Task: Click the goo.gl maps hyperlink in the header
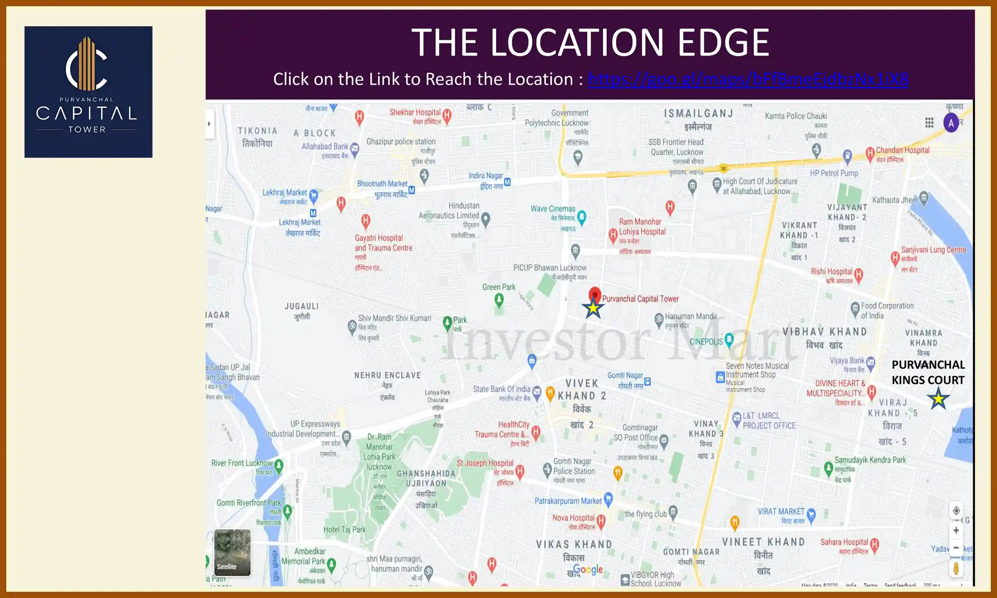point(748,79)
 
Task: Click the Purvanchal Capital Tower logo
point(88,92)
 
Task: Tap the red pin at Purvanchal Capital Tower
point(595,294)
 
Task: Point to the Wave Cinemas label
point(553,208)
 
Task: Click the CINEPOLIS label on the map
point(706,341)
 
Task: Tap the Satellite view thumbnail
point(232,552)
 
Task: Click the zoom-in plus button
point(956,530)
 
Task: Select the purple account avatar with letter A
point(951,123)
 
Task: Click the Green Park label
point(498,287)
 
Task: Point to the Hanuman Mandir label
point(691,316)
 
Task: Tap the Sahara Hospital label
point(844,542)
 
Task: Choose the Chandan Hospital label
point(902,150)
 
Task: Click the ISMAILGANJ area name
point(698,113)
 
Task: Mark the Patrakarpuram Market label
point(568,501)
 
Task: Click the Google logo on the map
point(588,569)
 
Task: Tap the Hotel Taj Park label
point(344,529)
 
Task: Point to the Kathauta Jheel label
point(894,200)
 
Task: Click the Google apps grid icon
point(929,123)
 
